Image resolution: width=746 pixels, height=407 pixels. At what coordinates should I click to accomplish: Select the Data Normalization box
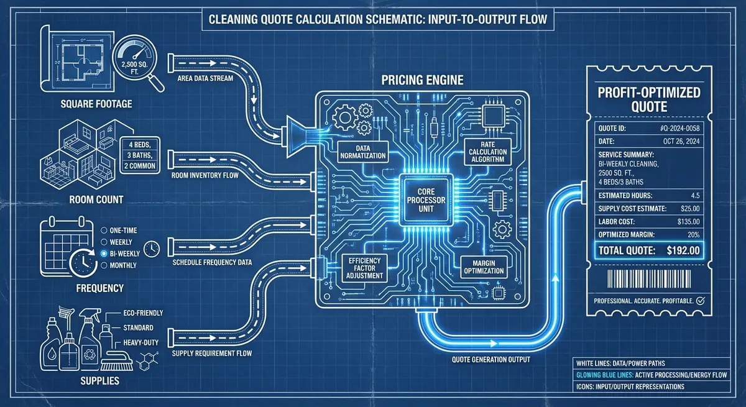362,151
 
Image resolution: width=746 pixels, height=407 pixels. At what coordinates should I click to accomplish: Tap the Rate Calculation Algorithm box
488,152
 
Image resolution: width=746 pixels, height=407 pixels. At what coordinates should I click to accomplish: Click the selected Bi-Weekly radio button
103,253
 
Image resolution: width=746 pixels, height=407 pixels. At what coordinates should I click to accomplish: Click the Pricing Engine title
425,81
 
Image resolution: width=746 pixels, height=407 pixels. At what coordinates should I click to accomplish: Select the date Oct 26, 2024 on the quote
683,141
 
